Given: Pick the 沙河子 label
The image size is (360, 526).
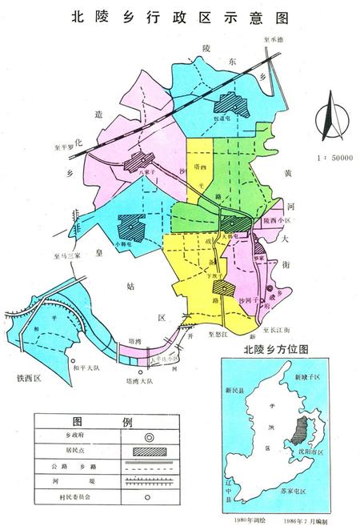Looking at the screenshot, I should (x=250, y=297).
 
